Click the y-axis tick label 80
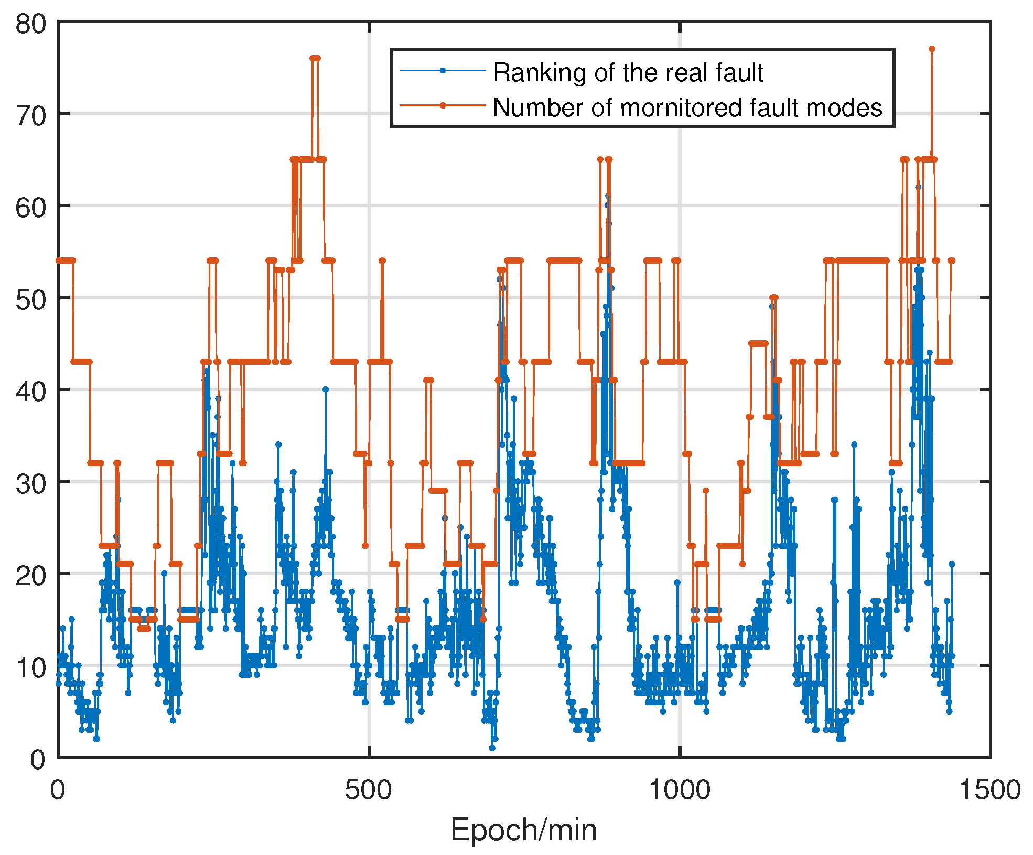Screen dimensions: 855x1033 pyautogui.click(x=30, y=24)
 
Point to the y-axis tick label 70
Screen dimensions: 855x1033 pyautogui.click(x=30, y=116)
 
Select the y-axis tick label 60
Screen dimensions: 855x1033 pyautogui.click(x=30, y=208)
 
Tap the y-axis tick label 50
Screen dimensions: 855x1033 pyautogui.click(x=30, y=300)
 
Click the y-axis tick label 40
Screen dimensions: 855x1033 pyautogui.click(x=30, y=392)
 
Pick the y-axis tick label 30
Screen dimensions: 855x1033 pyautogui.click(x=30, y=484)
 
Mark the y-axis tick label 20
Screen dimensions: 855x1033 pyautogui.click(x=30, y=576)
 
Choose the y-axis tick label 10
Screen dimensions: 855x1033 pyautogui.click(x=30, y=668)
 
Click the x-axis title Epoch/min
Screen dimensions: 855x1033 pyautogui.click(x=523, y=830)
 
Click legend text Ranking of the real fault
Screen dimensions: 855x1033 pyautogui.click(x=628, y=72)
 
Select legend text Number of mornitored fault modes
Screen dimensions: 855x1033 pyautogui.click(x=687, y=107)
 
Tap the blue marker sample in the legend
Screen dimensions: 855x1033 pyautogui.click(x=443, y=70)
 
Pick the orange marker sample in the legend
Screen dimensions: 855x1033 pyautogui.click(x=443, y=105)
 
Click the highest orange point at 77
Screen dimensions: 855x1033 pyautogui.click(x=932, y=49)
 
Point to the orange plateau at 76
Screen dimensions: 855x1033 pyautogui.click(x=315, y=58)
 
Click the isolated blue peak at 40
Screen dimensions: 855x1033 pyautogui.click(x=326, y=389)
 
